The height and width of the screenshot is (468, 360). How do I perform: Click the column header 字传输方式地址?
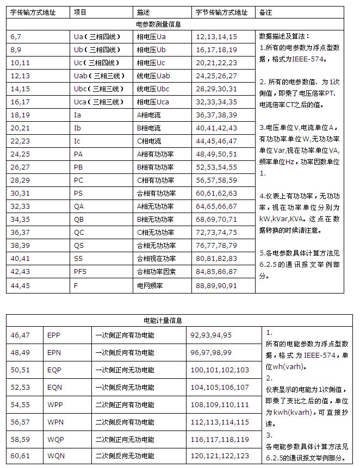point(33,11)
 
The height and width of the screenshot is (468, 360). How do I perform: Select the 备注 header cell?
point(266,11)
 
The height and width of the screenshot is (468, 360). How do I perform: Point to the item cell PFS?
point(80,271)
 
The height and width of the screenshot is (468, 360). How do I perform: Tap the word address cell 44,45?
point(20,284)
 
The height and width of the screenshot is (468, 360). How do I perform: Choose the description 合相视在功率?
point(156,258)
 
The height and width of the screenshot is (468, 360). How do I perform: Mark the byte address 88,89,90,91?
point(216,284)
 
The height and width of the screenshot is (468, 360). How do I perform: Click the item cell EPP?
point(54,335)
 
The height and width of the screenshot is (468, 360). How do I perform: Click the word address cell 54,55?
point(20,405)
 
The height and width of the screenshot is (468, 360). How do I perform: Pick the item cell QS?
point(79,245)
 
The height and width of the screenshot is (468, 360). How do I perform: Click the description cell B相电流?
point(148,128)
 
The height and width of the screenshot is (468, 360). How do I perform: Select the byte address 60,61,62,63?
point(216,193)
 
